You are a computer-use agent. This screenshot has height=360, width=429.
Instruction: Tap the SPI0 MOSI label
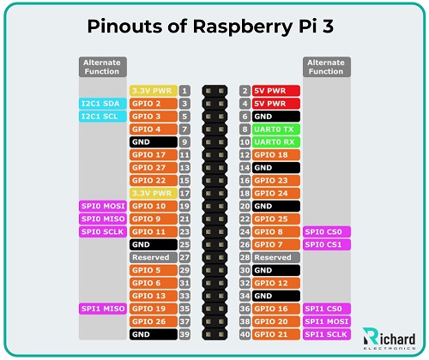102,206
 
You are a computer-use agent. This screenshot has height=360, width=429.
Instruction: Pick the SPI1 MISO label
102,309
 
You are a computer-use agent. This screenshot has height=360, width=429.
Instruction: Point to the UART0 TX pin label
275,129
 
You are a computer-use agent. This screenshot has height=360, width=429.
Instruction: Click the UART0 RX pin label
275,141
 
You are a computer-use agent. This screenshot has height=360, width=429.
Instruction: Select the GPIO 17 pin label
153,154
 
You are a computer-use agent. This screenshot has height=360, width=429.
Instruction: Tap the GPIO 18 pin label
275,154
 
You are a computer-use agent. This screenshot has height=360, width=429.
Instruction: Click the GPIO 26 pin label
153,321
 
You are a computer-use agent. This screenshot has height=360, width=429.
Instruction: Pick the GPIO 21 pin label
275,334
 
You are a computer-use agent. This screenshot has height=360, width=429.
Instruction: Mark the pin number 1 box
184,90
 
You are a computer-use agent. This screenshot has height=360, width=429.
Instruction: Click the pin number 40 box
245,334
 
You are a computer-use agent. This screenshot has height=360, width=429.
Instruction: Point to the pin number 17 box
184,193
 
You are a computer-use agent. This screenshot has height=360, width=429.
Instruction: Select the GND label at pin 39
153,334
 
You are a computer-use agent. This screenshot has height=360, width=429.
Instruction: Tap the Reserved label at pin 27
153,257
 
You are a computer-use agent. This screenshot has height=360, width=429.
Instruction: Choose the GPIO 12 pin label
275,283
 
